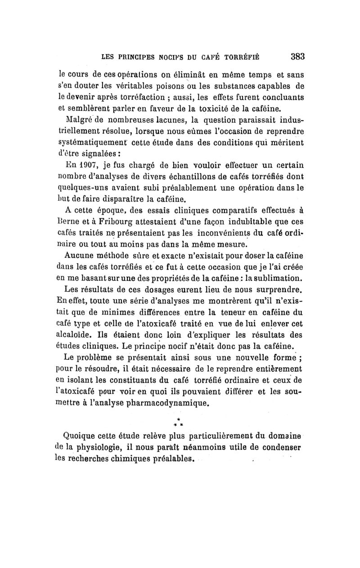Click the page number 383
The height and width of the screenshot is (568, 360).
point(298,57)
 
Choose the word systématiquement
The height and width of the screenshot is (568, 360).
point(93,143)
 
